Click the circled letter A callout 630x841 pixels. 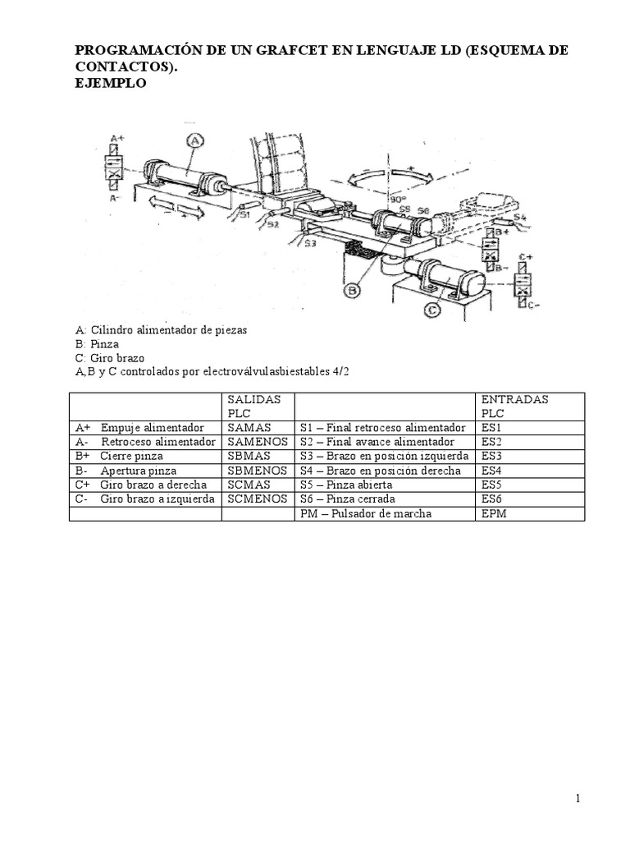[x=194, y=140]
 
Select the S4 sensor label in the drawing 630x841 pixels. [x=519, y=218]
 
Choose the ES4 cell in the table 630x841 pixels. [x=491, y=471]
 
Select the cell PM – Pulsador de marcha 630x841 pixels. [x=366, y=513]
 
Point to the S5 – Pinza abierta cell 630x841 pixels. [x=349, y=485]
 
